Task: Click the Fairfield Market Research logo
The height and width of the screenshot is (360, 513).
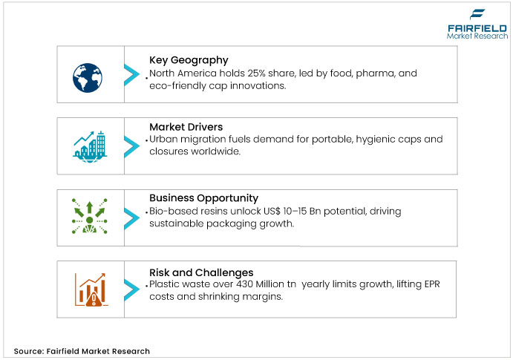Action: tap(477, 24)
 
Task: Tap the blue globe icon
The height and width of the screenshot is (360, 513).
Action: tap(88, 78)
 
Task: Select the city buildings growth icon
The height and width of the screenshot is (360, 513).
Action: tap(90, 147)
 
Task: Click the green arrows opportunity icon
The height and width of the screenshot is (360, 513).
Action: tap(89, 216)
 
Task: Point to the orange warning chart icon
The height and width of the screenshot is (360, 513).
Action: tap(91, 289)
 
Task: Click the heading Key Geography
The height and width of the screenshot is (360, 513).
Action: tap(189, 60)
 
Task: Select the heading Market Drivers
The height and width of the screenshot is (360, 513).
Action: tap(186, 127)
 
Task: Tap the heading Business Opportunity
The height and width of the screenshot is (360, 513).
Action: tap(204, 198)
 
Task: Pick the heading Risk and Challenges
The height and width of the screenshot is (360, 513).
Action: tap(201, 272)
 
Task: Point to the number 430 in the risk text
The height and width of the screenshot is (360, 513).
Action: tap(244, 284)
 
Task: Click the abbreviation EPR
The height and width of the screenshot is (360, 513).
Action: tap(432, 284)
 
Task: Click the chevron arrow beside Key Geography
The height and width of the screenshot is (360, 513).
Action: tap(131, 75)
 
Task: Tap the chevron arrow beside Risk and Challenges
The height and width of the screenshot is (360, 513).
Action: tap(131, 289)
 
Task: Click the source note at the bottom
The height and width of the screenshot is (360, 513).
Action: tap(82, 351)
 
